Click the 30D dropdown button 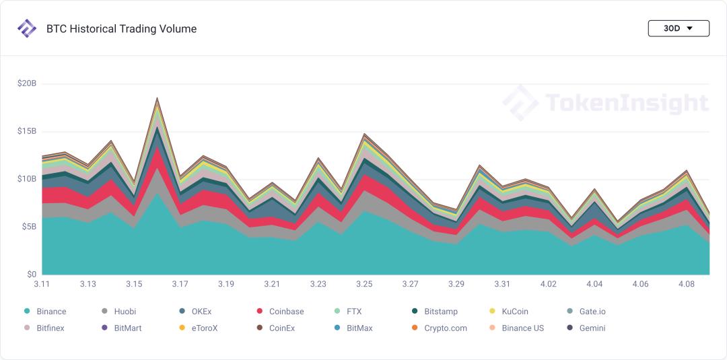point(678,28)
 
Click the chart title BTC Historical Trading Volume point(121,29)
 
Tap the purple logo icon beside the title point(27,29)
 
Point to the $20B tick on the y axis point(27,83)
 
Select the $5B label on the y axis point(27,227)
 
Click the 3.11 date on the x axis point(42,284)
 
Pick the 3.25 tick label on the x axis point(363,284)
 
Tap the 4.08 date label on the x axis point(686,284)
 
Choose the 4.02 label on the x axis point(548,284)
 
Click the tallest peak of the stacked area point(157,98)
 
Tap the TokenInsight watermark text point(626,103)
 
